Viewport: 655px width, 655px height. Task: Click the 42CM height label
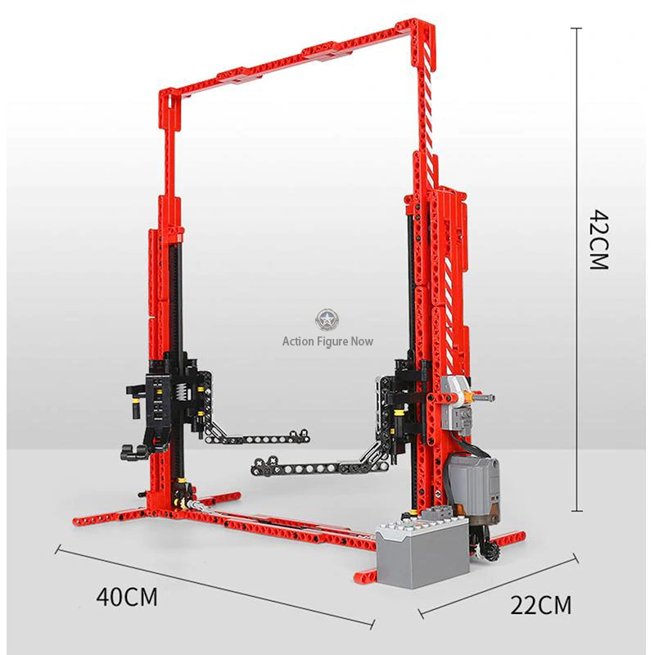(x=599, y=239)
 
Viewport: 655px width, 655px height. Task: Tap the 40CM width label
(x=127, y=597)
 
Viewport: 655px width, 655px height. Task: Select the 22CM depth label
(x=540, y=605)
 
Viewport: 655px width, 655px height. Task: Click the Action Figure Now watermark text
(x=327, y=341)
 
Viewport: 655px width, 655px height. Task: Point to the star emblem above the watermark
(x=327, y=320)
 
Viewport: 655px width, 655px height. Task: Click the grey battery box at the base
(x=422, y=550)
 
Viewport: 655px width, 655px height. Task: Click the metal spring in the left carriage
(x=180, y=395)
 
